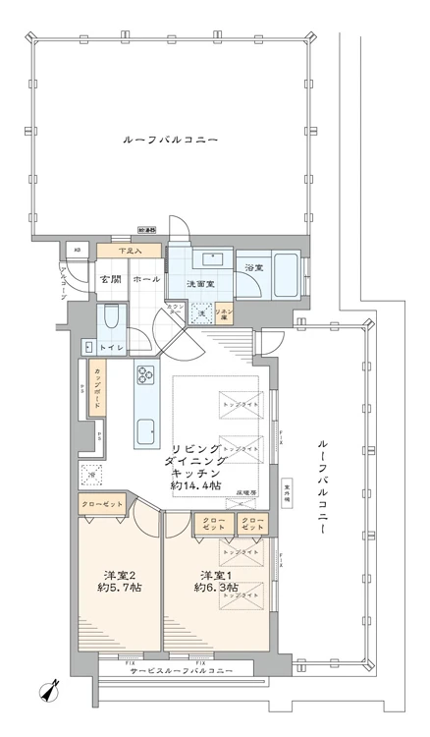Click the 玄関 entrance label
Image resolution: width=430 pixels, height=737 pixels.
(x=108, y=279)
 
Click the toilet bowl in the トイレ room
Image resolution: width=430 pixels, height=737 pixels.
(x=111, y=316)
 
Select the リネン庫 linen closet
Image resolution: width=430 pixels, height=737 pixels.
(x=225, y=312)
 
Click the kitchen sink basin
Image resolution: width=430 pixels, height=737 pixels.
(x=147, y=430)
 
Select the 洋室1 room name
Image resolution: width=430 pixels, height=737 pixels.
(x=217, y=574)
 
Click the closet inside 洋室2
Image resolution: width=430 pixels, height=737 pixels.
(x=100, y=503)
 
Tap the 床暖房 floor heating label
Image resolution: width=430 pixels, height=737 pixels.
(x=246, y=493)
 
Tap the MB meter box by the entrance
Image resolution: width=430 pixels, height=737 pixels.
(x=78, y=249)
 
